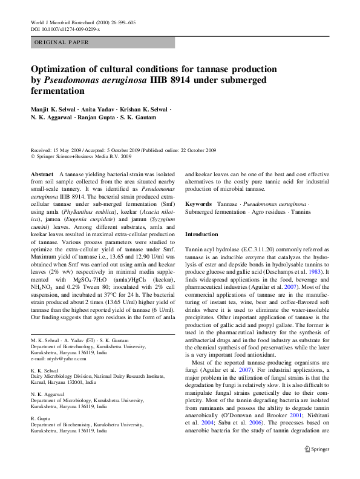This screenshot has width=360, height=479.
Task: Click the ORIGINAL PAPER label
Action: [62, 42]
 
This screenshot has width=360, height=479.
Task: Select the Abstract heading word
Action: [42, 173]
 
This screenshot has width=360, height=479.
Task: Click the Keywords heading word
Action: [198, 205]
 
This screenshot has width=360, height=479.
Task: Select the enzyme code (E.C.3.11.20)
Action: [263, 249]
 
